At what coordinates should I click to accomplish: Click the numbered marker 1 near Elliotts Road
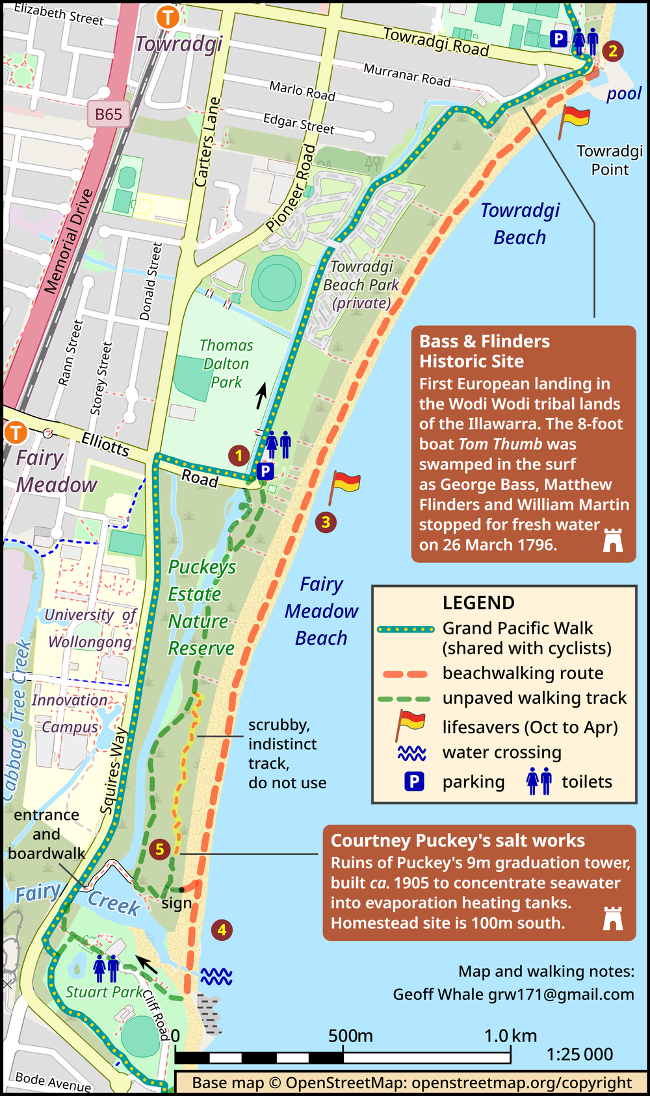pos(239,456)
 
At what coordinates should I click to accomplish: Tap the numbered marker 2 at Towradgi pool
pos(612,51)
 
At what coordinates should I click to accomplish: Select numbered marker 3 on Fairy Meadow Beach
pos(326,521)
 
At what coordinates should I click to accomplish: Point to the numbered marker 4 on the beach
pos(222,930)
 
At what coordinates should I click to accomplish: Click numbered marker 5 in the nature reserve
pos(159,849)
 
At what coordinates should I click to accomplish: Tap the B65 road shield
pos(109,114)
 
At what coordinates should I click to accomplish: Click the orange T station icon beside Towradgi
pos(168,17)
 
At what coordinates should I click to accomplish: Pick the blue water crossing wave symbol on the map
pos(216,976)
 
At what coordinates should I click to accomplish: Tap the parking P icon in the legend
pos(414,782)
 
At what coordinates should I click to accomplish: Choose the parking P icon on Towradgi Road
pos(558,39)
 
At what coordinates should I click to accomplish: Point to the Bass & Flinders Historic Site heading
pos(484,351)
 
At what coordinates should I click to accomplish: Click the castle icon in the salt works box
pos(612,919)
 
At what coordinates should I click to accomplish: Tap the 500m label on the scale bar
pos(350,1036)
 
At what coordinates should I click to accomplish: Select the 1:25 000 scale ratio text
pos(580,1054)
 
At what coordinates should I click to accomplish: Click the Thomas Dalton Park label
pos(226,364)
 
